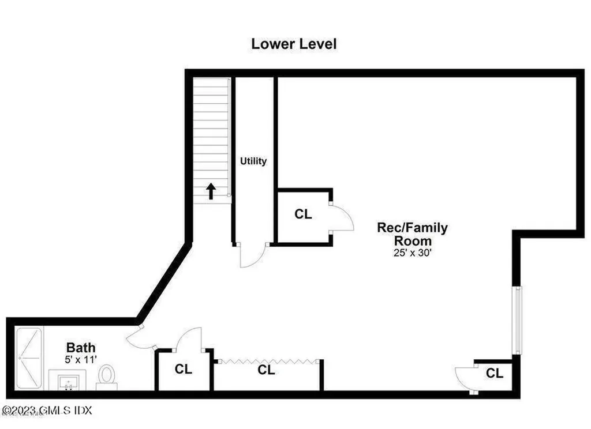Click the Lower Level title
coord(294,44)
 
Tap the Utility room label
coord(254,161)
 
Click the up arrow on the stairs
coord(211,191)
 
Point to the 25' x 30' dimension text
coord(412,252)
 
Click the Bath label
coord(81,348)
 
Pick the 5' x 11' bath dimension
coord(81,359)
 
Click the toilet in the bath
coord(106,375)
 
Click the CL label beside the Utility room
coord(303,215)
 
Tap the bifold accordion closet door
coord(268,361)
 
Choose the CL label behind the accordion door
coord(266,370)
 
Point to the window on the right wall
coord(518,320)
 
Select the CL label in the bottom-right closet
coord(494,374)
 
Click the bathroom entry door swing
coord(140,339)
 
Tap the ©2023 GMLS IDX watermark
coord(47,411)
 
